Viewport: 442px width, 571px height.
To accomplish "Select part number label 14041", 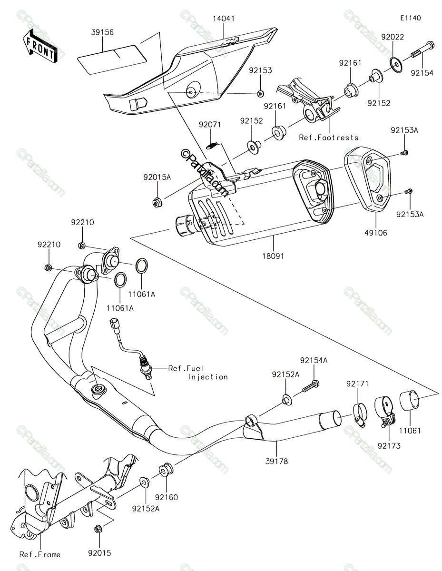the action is pyautogui.click(x=224, y=19).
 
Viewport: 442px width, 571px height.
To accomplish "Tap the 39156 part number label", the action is pyautogui.click(x=102, y=32).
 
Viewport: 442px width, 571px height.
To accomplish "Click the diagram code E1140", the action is pyautogui.click(x=411, y=18).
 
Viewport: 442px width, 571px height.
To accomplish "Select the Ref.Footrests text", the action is pyautogui.click(x=329, y=138).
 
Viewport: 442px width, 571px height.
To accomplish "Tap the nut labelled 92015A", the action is pyautogui.click(x=157, y=202).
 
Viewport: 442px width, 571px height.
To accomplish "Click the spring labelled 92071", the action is pyautogui.click(x=211, y=145).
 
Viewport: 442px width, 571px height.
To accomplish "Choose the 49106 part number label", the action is pyautogui.click(x=375, y=233).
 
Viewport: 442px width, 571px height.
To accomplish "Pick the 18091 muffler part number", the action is pyautogui.click(x=273, y=256).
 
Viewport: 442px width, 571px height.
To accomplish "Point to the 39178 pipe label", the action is pyautogui.click(x=276, y=461).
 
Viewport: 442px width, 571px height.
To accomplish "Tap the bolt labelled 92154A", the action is pyautogui.click(x=311, y=386).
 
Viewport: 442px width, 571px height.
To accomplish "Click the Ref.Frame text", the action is pyautogui.click(x=40, y=554).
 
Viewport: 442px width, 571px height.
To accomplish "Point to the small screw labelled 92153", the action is pyautogui.click(x=261, y=93).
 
